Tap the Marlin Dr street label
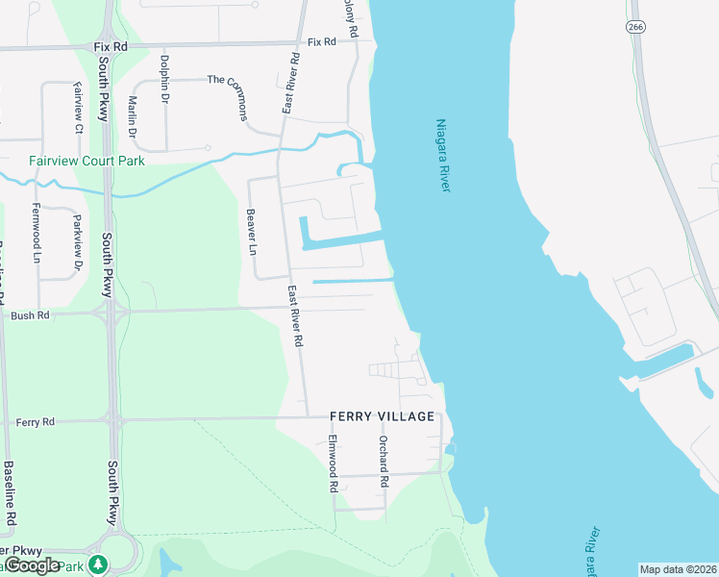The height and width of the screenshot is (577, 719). (x=133, y=116)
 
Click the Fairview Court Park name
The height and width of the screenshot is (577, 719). (x=87, y=161)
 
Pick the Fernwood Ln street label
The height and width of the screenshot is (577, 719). (x=37, y=234)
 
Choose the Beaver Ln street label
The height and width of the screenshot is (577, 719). (x=252, y=232)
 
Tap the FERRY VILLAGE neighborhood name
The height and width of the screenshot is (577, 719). (x=382, y=416)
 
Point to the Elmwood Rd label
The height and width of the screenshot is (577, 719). (x=333, y=464)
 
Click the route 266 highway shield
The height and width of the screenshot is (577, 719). (x=635, y=27)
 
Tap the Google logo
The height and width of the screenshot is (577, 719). (x=32, y=565)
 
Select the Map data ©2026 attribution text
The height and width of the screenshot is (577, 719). (x=678, y=569)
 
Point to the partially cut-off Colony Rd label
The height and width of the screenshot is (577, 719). (x=353, y=17)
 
